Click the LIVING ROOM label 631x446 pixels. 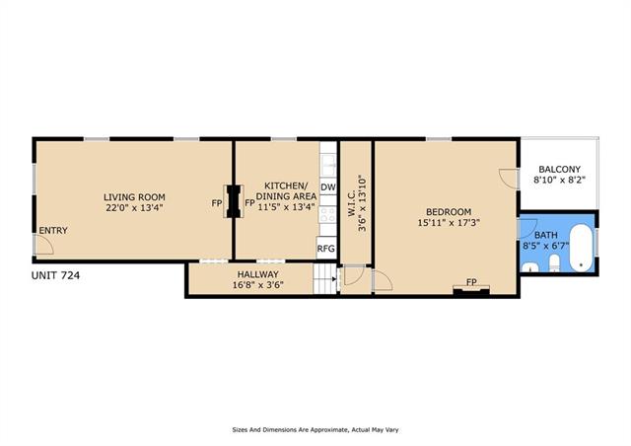pos(134,197)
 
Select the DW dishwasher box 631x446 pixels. pos(328,187)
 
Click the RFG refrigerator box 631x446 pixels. pos(326,249)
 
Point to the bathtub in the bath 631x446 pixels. pos(581,248)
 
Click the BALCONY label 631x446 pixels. pos(559,169)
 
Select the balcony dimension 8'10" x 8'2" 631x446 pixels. pos(559,180)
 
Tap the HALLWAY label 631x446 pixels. pos(258,274)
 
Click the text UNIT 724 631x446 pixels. pos(55,275)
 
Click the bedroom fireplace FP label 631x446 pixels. pos(471,282)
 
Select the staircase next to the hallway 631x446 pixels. pos(324,278)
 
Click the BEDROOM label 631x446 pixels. pos(449,212)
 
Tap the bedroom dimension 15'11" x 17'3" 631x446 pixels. pos(449,222)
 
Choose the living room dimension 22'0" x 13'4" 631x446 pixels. pos(134,208)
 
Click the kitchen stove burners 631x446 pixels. pos(327,215)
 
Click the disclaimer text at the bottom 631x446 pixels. pos(315,430)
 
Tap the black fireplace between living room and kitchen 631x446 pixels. pos(234,201)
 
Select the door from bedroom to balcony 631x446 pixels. pos(508,178)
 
